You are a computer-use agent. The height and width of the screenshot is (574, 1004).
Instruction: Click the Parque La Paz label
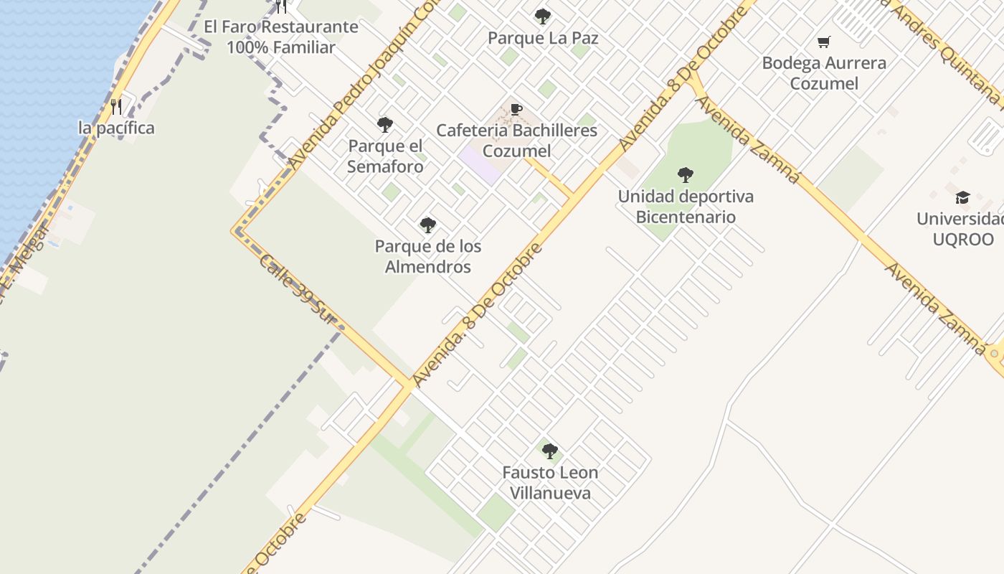542,38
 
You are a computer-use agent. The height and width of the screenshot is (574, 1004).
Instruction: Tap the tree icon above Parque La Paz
543,16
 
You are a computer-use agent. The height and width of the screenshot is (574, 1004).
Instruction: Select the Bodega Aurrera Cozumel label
824,73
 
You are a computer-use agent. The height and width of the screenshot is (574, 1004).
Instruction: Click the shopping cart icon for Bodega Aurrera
824,42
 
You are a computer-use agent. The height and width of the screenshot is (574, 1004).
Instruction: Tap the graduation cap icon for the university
962,197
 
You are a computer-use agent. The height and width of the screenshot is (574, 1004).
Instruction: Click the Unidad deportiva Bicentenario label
686,207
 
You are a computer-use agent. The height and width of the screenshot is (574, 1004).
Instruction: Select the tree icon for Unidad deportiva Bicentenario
686,174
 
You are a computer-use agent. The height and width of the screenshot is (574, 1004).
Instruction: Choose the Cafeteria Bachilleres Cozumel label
516,141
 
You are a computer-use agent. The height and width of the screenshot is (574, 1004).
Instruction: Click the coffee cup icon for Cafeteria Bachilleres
516,110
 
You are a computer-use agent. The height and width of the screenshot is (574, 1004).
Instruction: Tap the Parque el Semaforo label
385,156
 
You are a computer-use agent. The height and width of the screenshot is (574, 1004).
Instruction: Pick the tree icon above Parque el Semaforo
385,125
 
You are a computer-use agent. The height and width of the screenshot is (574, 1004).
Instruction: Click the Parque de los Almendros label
428,256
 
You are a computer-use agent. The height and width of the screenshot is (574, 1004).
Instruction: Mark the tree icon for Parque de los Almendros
428,225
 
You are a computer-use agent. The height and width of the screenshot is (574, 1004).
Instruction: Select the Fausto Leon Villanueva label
550,483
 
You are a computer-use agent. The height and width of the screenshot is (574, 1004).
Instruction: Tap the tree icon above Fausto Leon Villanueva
550,451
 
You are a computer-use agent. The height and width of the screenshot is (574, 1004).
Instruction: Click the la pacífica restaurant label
116,128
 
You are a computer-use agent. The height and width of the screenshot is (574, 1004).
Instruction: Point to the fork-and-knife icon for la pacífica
116,107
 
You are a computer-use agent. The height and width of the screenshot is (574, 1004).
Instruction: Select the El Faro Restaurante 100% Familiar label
281,37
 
